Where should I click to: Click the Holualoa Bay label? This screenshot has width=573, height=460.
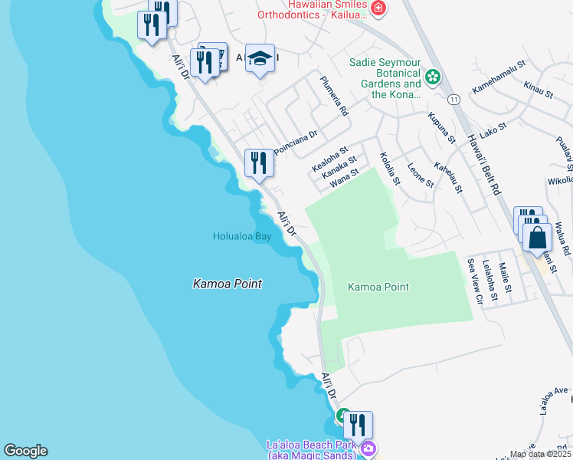[242, 237]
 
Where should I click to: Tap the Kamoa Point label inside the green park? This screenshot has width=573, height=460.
[378, 287]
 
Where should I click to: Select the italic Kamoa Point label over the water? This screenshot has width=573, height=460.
[227, 284]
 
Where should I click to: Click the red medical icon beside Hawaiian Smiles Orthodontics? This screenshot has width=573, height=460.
[378, 8]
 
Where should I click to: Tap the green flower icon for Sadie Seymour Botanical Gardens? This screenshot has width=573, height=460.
[433, 77]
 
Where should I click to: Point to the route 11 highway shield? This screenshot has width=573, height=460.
[454, 100]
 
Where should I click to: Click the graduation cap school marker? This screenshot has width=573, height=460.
[260, 58]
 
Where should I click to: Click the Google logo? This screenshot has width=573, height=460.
[25, 451]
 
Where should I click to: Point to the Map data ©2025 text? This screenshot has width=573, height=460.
[540, 454]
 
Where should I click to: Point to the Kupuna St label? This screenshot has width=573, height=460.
[442, 128]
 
